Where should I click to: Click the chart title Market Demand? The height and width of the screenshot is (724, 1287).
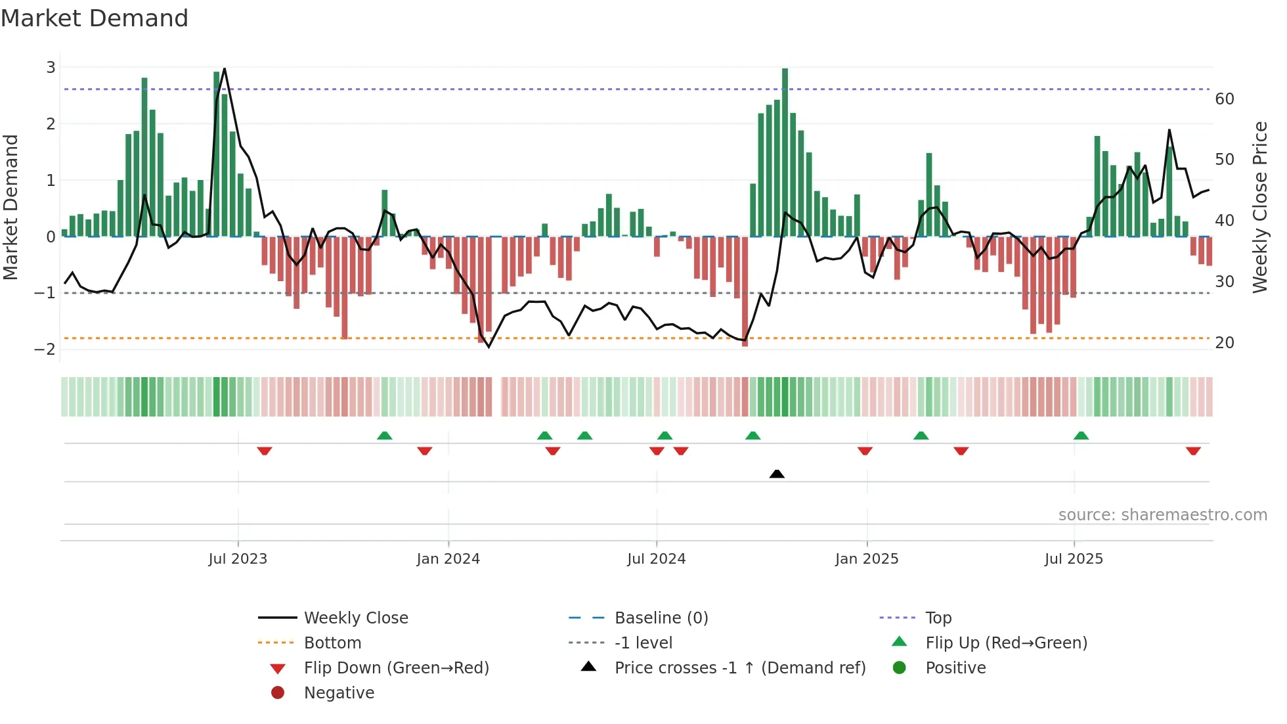click(x=95, y=18)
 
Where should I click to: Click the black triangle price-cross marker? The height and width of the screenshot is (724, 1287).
click(x=777, y=474)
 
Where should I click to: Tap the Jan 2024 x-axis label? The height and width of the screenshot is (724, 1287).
click(x=448, y=559)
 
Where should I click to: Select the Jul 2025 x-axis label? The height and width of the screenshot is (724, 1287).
click(x=1074, y=559)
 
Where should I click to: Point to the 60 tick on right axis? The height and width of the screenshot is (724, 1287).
click(x=1224, y=99)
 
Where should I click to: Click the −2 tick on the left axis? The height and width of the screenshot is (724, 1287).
click(x=45, y=350)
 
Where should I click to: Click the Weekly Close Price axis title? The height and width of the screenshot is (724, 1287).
click(x=1259, y=207)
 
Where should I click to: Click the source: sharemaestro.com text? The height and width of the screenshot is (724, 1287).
click(x=1162, y=515)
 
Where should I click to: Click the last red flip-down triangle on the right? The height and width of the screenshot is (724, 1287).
click(x=1193, y=451)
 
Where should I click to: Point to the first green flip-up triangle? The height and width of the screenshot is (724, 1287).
click(x=385, y=436)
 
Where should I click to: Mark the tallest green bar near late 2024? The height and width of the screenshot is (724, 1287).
click(x=785, y=151)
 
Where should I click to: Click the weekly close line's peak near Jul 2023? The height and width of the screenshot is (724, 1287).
click(x=225, y=69)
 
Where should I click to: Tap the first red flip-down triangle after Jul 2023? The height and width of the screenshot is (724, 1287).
click(x=265, y=451)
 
